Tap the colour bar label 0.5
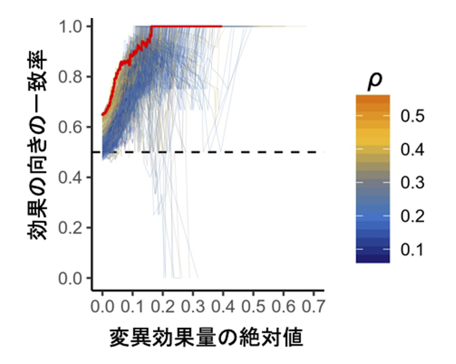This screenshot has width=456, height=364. tap(412, 116)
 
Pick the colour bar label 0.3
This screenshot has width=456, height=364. tap(412, 183)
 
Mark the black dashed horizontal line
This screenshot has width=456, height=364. tap(274, 152)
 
